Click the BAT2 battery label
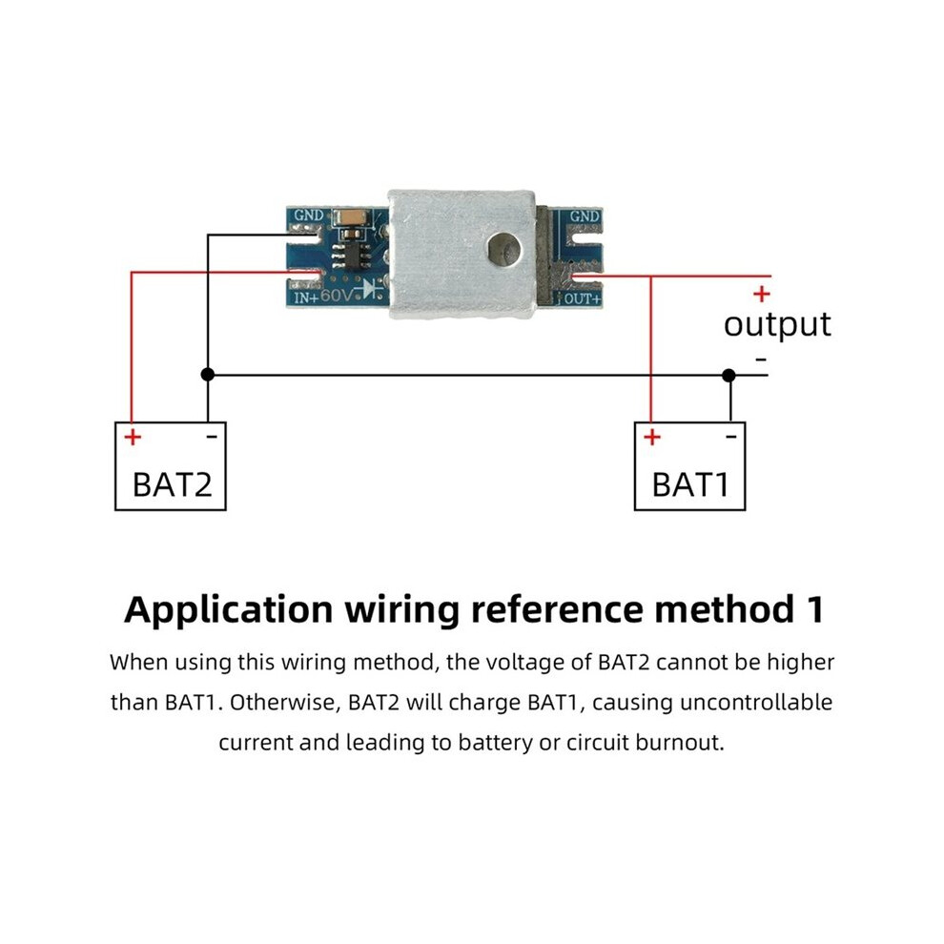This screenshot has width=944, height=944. (x=173, y=484)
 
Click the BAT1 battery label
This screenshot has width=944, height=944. (x=690, y=484)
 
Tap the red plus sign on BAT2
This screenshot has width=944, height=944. (x=133, y=437)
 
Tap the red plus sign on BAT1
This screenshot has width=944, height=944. (x=652, y=437)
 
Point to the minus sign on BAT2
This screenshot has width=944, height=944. (x=212, y=436)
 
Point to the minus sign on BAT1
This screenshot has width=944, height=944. (x=730, y=436)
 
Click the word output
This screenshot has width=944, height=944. (x=777, y=325)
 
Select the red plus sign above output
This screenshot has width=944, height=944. (x=762, y=294)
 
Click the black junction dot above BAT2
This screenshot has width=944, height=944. (x=208, y=375)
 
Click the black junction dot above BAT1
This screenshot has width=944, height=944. (x=729, y=375)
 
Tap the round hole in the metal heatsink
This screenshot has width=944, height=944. (x=504, y=249)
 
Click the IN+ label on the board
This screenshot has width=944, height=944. (x=306, y=298)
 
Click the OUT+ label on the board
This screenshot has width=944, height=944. (x=583, y=298)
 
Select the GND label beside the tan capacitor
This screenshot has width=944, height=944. (x=309, y=215)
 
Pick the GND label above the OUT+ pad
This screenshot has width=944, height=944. (x=585, y=215)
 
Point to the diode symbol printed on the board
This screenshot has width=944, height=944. (x=370, y=290)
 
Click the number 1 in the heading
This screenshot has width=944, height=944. (x=816, y=609)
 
